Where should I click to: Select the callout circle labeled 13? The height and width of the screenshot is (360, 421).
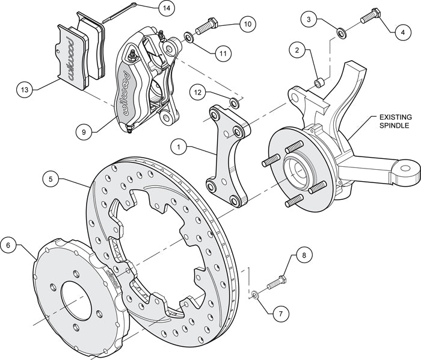click(x=25, y=91)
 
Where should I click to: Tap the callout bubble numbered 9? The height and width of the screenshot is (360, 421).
click(x=85, y=129)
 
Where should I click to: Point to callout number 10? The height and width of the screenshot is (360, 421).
click(x=247, y=25)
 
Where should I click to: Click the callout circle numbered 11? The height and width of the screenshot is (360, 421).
click(x=223, y=53)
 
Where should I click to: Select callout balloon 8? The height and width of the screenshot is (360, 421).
click(x=304, y=255)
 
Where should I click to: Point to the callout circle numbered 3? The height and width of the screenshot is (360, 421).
click(x=309, y=20)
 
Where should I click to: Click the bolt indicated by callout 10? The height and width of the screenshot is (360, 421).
click(x=208, y=27)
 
